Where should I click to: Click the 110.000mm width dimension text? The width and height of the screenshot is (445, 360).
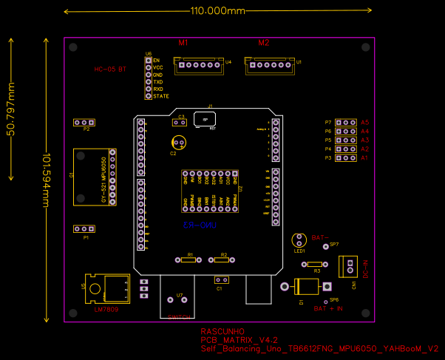pos(217,11)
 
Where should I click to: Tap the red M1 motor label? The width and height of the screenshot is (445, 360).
pos(183,43)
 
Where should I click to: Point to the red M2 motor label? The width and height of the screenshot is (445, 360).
pos(263,43)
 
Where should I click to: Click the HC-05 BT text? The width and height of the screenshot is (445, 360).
pos(110,69)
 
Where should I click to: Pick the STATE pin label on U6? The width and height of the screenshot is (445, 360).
pos(161,96)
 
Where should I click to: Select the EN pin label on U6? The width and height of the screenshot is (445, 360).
pos(157,59)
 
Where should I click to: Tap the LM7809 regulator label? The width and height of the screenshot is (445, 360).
pos(106,310)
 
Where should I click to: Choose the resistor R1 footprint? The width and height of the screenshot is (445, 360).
pos(190,259)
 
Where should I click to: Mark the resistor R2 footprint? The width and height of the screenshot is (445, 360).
pos(221,259)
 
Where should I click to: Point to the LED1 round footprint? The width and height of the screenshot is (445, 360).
pos(299,240)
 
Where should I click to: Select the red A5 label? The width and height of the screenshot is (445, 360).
pos(364,122)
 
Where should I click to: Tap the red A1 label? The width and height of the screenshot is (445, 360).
pos(364,157)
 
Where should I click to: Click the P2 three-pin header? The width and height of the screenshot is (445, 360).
pos(85,122)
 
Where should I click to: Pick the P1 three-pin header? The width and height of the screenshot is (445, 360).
pos(85,229)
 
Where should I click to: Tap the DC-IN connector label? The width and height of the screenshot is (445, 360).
pos(365,268)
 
